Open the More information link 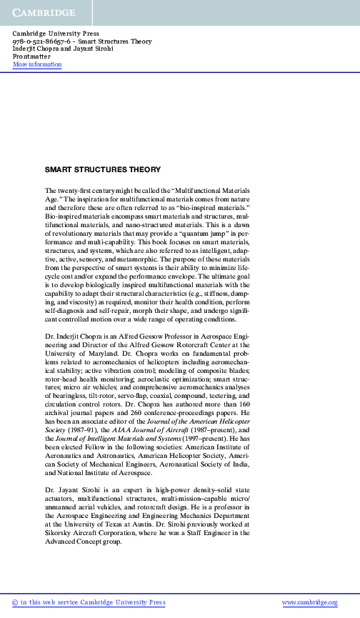point(37,65)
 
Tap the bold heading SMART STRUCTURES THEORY point(103,170)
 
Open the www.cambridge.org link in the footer point(309,602)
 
